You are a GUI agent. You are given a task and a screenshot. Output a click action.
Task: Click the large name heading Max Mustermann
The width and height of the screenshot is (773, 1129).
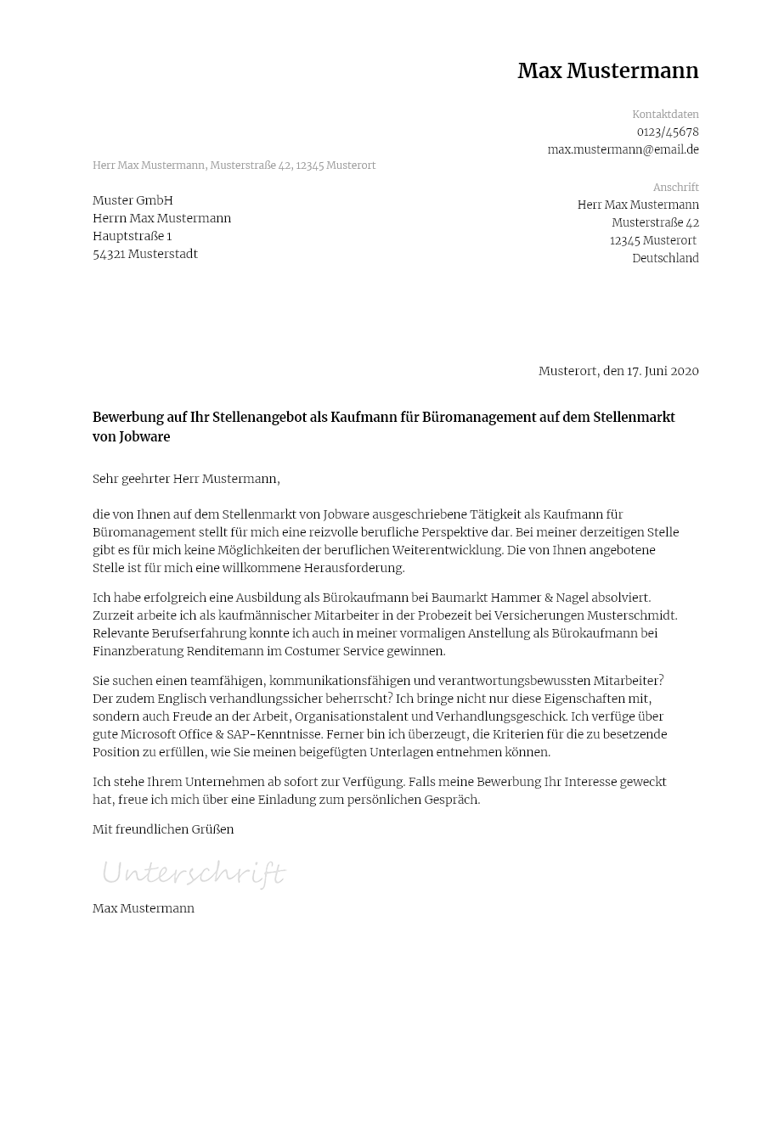click(x=607, y=71)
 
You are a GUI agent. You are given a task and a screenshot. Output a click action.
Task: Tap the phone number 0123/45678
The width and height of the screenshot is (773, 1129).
click(x=668, y=132)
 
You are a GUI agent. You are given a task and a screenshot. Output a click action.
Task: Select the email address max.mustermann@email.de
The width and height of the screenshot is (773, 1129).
click(x=623, y=149)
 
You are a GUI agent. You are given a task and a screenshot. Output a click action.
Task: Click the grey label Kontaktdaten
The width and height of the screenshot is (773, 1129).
click(x=665, y=115)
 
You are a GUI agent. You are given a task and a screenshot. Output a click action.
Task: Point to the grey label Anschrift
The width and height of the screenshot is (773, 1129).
click(x=675, y=188)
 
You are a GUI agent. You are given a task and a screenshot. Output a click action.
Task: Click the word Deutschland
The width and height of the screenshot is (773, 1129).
click(x=665, y=259)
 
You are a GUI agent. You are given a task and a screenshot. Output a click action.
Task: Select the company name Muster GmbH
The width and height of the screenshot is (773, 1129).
click(x=133, y=200)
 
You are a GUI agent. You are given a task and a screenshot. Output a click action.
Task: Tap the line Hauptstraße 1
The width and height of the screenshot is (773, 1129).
click(x=132, y=236)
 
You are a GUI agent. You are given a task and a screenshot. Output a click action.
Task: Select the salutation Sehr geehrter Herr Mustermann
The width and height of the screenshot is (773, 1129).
click(x=186, y=479)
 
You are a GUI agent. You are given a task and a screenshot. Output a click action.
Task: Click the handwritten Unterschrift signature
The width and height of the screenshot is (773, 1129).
click(x=194, y=873)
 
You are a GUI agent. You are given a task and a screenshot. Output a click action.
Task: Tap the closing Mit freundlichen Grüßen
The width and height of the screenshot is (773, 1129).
click(x=163, y=829)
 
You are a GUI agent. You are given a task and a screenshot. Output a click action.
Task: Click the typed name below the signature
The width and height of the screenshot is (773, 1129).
click(x=144, y=908)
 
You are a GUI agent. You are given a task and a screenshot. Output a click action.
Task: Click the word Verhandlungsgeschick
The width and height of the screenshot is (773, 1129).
click(x=502, y=716)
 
